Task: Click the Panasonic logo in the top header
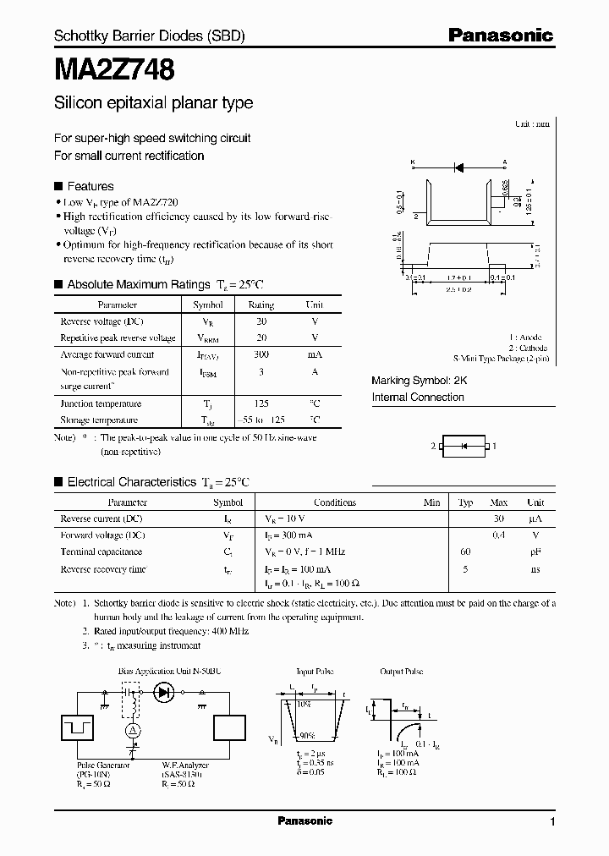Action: pyautogui.click(x=500, y=36)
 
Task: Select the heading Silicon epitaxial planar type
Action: pyautogui.click(x=153, y=103)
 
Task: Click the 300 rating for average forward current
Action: pyautogui.click(x=261, y=354)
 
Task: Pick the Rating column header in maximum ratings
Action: pyautogui.click(x=261, y=305)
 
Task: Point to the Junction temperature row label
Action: pyautogui.click(x=101, y=403)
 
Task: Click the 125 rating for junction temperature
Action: pyautogui.click(x=261, y=403)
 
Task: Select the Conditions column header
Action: pyautogui.click(x=335, y=502)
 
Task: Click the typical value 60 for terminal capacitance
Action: pyautogui.click(x=465, y=551)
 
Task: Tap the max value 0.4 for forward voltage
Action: pyautogui.click(x=499, y=535)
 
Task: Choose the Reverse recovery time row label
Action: pyautogui.click(x=103, y=569)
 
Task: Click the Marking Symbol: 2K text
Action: pyautogui.click(x=420, y=381)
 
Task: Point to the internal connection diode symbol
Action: pyautogui.click(x=462, y=446)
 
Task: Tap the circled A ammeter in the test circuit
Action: pyautogui.click(x=132, y=730)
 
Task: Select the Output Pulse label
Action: pyautogui.click(x=402, y=672)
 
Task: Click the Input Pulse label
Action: pyautogui.click(x=307, y=672)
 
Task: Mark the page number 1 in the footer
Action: pyautogui.click(x=552, y=822)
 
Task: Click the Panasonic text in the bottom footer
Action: pyautogui.click(x=304, y=820)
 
